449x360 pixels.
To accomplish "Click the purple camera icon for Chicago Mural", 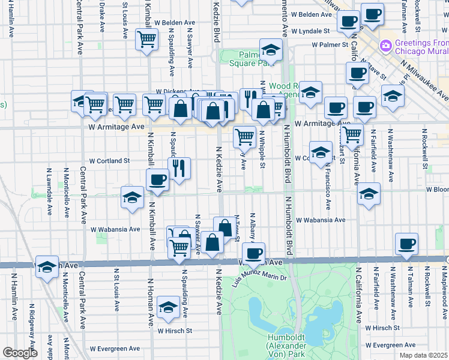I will pos(386,45).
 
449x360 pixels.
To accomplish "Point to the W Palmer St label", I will pos(330,44).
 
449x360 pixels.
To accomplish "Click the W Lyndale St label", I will pos(310,31).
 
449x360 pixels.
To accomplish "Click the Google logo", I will pos(19,353).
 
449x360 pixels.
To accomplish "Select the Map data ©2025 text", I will pos(423,355).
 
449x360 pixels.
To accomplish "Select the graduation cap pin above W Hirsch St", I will pos(167,307).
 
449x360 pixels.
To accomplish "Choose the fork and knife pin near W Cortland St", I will pos(179,168).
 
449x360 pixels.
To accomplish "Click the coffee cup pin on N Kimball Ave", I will pos(158,179).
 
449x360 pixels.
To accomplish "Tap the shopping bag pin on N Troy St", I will pos(224,227).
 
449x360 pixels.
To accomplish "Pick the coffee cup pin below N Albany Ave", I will pos(254,252).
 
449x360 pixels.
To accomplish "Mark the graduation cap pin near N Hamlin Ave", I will pos(47,268).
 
